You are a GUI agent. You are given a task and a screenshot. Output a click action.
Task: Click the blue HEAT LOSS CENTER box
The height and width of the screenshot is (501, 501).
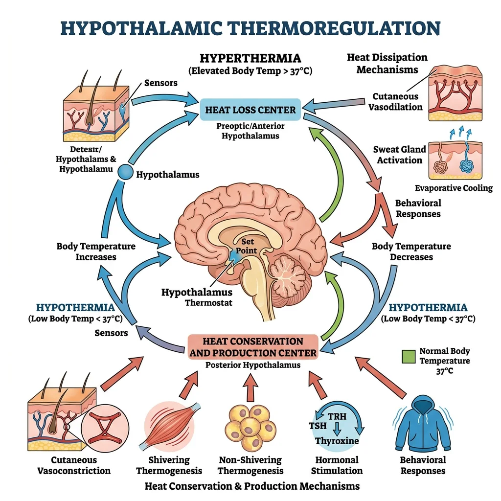point(250,109)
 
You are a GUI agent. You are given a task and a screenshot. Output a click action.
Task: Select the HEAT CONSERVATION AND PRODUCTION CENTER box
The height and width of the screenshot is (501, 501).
point(253,347)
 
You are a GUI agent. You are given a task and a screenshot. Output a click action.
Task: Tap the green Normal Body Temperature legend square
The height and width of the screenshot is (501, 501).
point(409,356)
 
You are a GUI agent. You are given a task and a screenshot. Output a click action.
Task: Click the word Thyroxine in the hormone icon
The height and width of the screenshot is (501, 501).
point(337,441)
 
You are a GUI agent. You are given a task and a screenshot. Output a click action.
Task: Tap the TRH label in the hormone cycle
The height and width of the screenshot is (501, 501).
point(337,416)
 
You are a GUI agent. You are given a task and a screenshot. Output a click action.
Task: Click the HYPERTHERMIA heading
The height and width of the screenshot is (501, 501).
point(250,58)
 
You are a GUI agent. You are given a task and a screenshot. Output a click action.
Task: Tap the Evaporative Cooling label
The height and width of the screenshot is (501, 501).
point(454,188)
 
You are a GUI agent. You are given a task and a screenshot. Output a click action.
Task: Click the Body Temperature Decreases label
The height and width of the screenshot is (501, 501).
point(411,251)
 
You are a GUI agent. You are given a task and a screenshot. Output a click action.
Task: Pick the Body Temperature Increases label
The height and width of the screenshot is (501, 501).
point(96,251)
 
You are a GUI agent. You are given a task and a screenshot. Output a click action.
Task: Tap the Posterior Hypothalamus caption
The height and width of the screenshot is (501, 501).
point(252,365)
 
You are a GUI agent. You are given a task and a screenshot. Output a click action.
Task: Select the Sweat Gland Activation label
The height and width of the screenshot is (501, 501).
point(399,155)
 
